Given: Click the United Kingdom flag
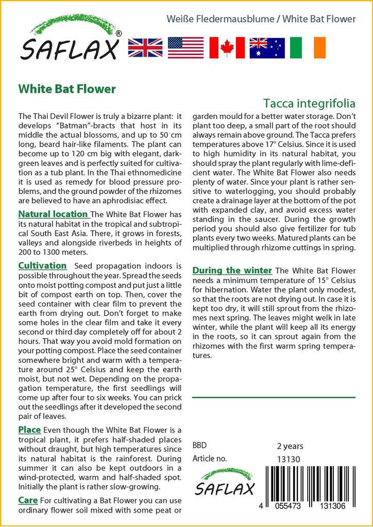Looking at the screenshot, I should (145, 47).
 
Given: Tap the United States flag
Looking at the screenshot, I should (185, 47).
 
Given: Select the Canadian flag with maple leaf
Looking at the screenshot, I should (226, 47).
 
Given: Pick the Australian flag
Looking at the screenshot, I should (267, 47).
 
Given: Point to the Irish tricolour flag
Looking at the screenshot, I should (308, 47).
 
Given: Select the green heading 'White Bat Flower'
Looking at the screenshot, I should (67, 89).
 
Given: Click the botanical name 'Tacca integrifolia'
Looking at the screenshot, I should (309, 103).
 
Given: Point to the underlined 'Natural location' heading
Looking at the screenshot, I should (53, 214).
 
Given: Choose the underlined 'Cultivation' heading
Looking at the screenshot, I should (42, 266).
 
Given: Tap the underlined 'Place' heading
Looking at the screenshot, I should (29, 430).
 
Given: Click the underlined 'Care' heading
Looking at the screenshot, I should (28, 500).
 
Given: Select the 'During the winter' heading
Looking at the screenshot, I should (232, 271).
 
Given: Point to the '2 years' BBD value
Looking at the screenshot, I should (290, 446).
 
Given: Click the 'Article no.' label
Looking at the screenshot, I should (209, 459).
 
